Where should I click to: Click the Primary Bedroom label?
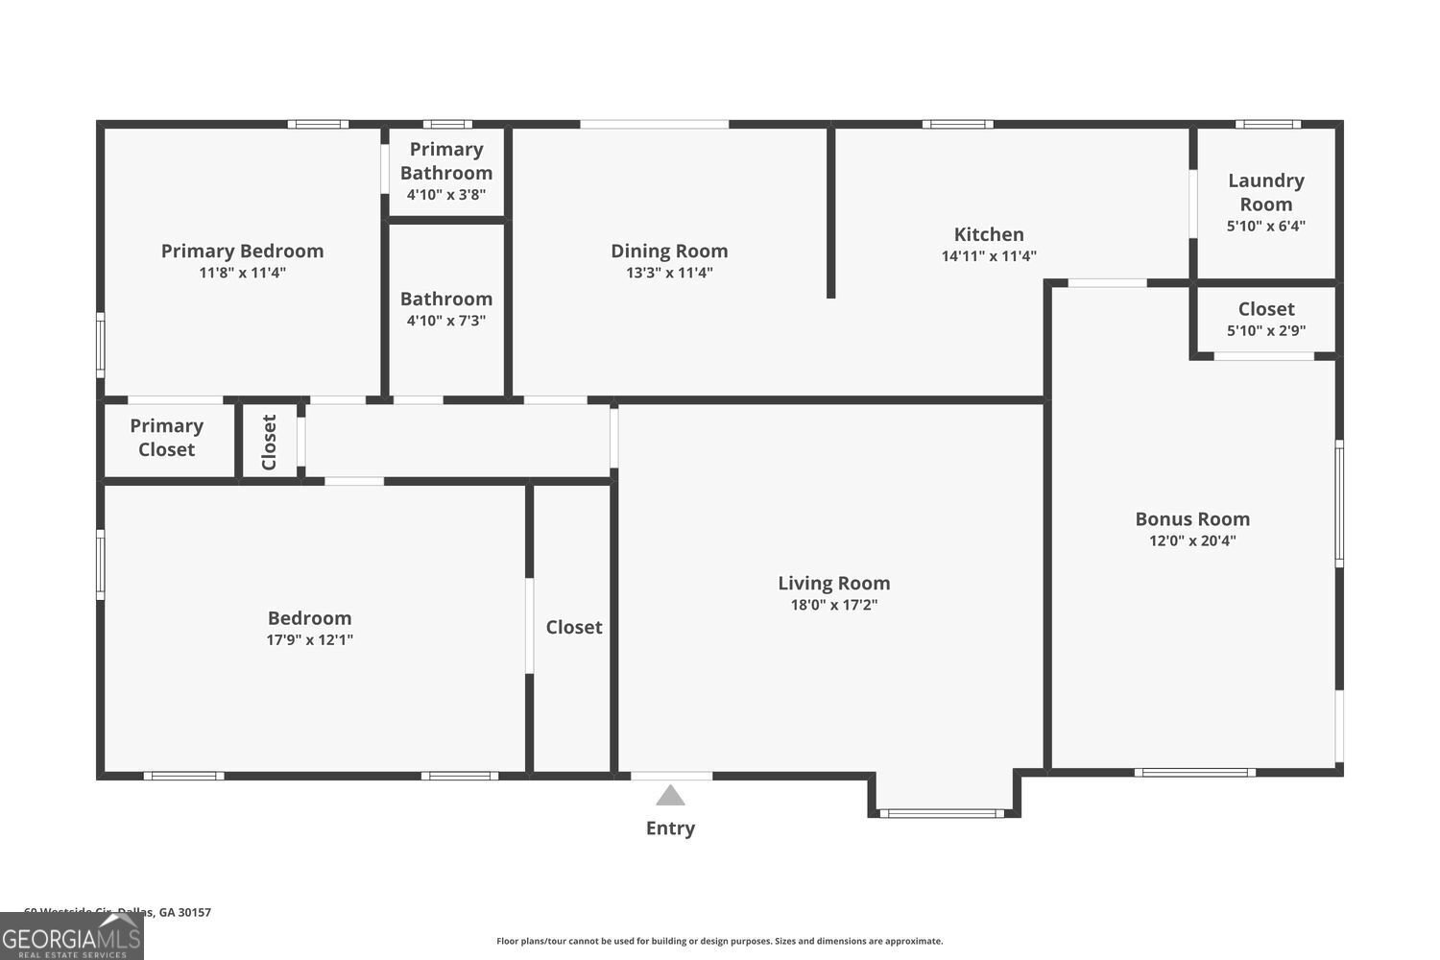pos(242,251)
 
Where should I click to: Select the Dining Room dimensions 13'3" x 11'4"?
pos(668,273)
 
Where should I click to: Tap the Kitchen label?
pos(989,234)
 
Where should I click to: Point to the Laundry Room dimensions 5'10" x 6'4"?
pos(1265,227)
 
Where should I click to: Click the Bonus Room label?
pos(1192,518)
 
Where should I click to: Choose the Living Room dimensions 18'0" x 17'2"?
pos(833,605)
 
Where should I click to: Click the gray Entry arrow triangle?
pos(670,796)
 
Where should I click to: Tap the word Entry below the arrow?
pos(670,828)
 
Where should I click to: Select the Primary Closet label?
pos(166,438)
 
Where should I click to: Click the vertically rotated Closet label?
pos(269,442)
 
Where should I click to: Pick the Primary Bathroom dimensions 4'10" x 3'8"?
pos(446,195)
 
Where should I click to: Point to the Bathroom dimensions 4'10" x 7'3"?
pos(446,321)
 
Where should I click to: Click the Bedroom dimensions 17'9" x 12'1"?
pos(309,639)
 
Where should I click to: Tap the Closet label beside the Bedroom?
pos(574,627)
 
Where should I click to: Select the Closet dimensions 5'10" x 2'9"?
pos(1265,331)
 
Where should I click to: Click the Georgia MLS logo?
pos(71,937)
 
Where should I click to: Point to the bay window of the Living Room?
pos(942,813)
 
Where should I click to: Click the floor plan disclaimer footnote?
pos(719,941)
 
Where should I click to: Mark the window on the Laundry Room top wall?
pos(1267,124)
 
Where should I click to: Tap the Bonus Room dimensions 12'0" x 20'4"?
pos(1192,540)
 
